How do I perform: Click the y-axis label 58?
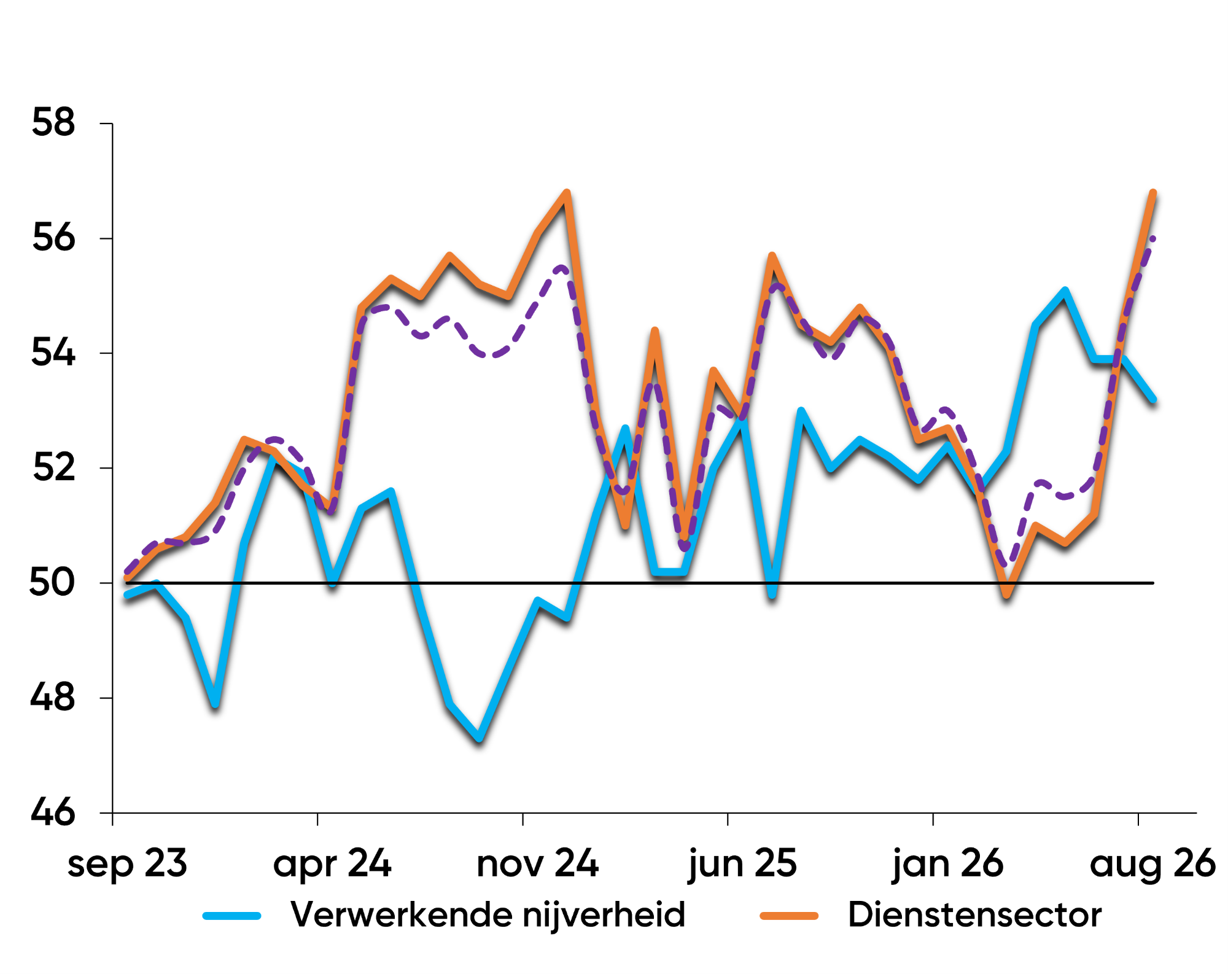click(x=53, y=122)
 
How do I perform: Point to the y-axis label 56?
click(x=53, y=238)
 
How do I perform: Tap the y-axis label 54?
click(x=53, y=353)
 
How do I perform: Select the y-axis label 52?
click(x=53, y=467)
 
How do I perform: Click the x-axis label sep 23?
click(x=127, y=864)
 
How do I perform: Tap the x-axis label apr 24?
click(x=332, y=864)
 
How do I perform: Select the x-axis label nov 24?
click(x=537, y=863)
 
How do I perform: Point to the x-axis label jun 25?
click(x=742, y=864)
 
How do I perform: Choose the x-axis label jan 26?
click(x=947, y=864)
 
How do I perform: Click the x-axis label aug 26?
click(x=1152, y=864)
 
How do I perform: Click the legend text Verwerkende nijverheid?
click(x=488, y=915)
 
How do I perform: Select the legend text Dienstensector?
click(x=974, y=915)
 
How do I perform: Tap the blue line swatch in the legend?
click(x=232, y=916)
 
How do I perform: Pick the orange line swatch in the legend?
click(x=789, y=916)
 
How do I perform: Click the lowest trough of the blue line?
click(x=480, y=739)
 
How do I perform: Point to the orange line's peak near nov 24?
click(x=567, y=193)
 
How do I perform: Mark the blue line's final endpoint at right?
click(x=1154, y=399)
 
